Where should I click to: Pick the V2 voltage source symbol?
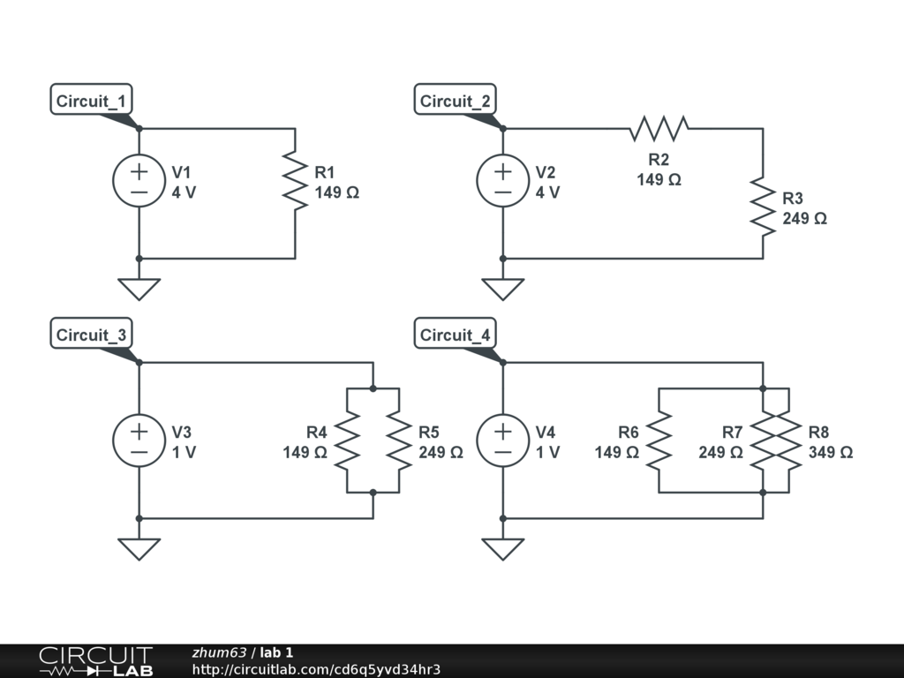click(x=502, y=180)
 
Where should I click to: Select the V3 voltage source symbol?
click(x=139, y=441)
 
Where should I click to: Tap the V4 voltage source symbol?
click(x=502, y=441)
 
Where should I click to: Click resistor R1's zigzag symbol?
click(x=295, y=180)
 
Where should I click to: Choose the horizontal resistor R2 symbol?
click(x=659, y=129)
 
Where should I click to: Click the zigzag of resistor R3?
click(x=763, y=207)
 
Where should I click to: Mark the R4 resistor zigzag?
click(x=347, y=441)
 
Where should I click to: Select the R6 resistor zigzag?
click(x=659, y=441)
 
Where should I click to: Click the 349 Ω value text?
click(x=830, y=452)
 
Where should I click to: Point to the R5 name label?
click(x=429, y=432)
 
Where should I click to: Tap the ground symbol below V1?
click(x=139, y=290)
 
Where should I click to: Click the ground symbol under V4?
click(x=502, y=549)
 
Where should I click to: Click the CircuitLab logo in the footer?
click(x=95, y=661)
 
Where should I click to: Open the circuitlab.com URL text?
click(x=316, y=669)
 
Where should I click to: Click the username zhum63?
click(x=219, y=652)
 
